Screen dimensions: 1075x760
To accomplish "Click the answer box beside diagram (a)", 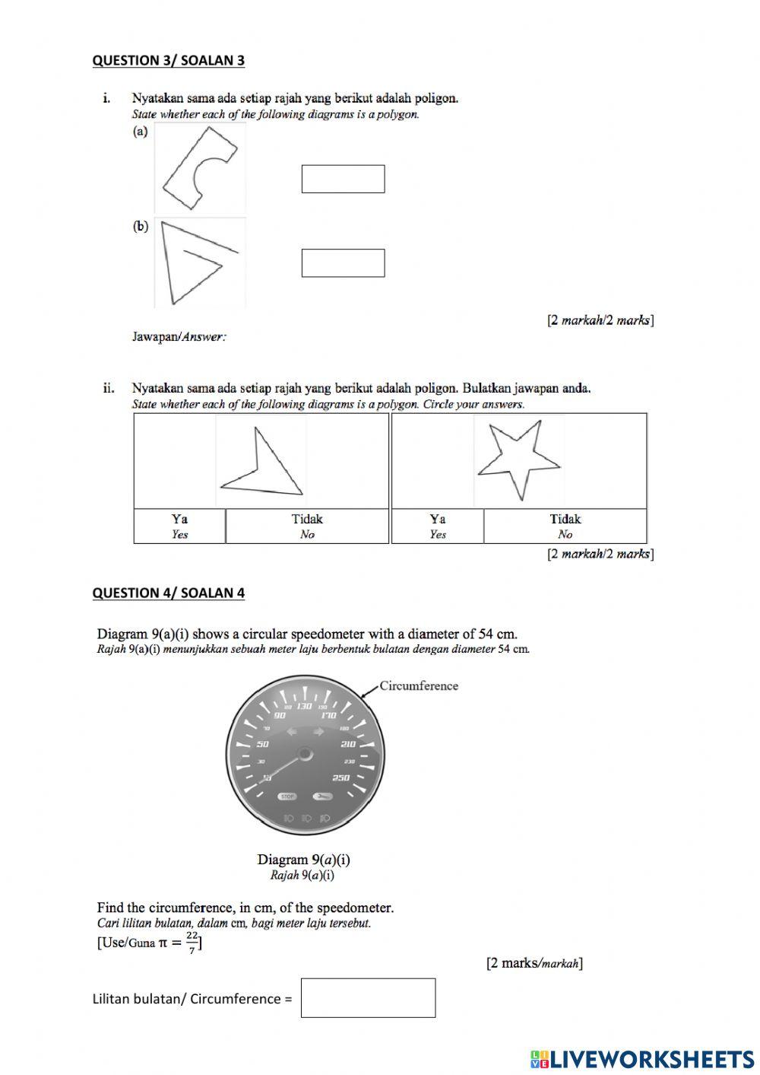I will click(x=343, y=179).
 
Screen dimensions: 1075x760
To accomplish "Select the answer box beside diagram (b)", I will click(x=343, y=262).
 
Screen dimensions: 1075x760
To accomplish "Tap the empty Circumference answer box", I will click(x=368, y=997).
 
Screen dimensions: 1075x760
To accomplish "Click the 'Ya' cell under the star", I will click(x=437, y=526).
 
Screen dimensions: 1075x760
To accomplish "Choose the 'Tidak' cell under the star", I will click(x=565, y=526).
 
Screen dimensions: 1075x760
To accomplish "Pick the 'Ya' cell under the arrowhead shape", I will click(x=179, y=526).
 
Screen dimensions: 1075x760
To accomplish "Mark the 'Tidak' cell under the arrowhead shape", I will click(x=307, y=526).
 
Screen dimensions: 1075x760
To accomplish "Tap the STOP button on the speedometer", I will click(x=287, y=797).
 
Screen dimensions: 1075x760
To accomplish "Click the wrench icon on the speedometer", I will click(x=321, y=797).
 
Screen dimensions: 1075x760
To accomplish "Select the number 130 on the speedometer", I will click(x=304, y=706).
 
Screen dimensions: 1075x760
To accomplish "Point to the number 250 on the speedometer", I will click(x=340, y=778).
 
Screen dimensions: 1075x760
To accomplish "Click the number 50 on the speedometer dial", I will click(x=263, y=743).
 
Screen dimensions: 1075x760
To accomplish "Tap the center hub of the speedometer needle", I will click(x=305, y=754).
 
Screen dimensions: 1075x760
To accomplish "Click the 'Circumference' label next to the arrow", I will click(x=419, y=685).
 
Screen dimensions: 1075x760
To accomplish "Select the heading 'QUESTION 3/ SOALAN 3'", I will click(x=168, y=60).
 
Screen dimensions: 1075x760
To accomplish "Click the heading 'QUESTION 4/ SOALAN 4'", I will click(x=168, y=593).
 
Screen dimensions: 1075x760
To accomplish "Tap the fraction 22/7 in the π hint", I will click(x=192, y=942).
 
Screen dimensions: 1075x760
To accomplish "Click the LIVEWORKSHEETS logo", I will click(x=642, y=1058).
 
